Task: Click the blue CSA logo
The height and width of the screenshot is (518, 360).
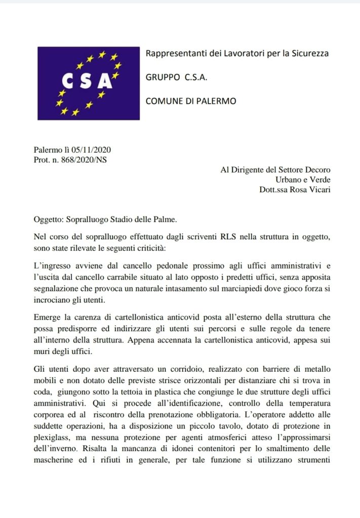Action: [88, 83]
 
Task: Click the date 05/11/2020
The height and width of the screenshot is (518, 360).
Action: [91, 150]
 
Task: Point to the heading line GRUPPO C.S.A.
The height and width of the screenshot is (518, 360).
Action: [177, 77]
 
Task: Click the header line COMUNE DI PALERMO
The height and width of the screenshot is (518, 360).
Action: [191, 101]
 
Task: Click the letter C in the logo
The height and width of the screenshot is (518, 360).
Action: [68, 81]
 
